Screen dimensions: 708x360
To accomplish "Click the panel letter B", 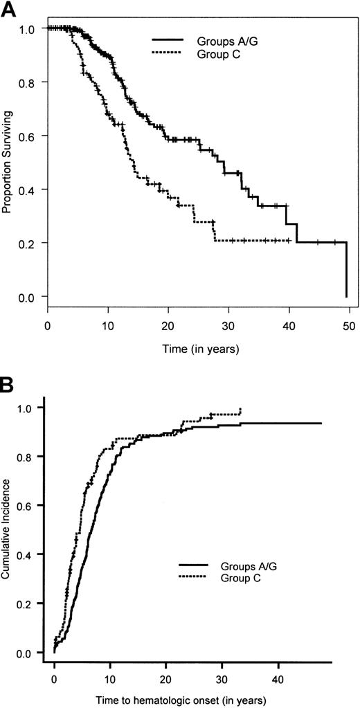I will [8, 383].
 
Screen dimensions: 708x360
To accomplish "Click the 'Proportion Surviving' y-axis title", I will [9, 163].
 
